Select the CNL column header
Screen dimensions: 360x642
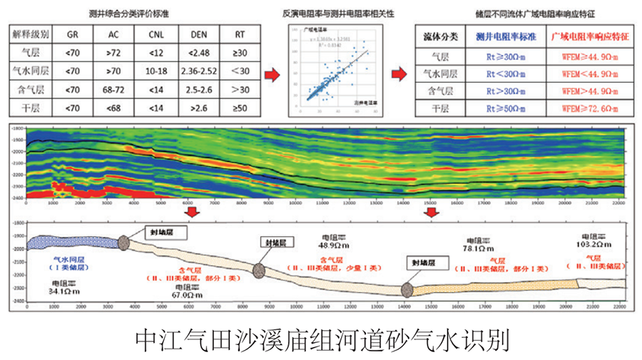[156, 34]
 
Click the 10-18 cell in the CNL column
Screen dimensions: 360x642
[156, 71]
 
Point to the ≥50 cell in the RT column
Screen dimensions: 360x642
[240, 108]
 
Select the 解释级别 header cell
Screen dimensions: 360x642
[30, 34]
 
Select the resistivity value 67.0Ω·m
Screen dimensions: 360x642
[182, 293]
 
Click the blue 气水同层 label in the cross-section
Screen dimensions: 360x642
[71, 260]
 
